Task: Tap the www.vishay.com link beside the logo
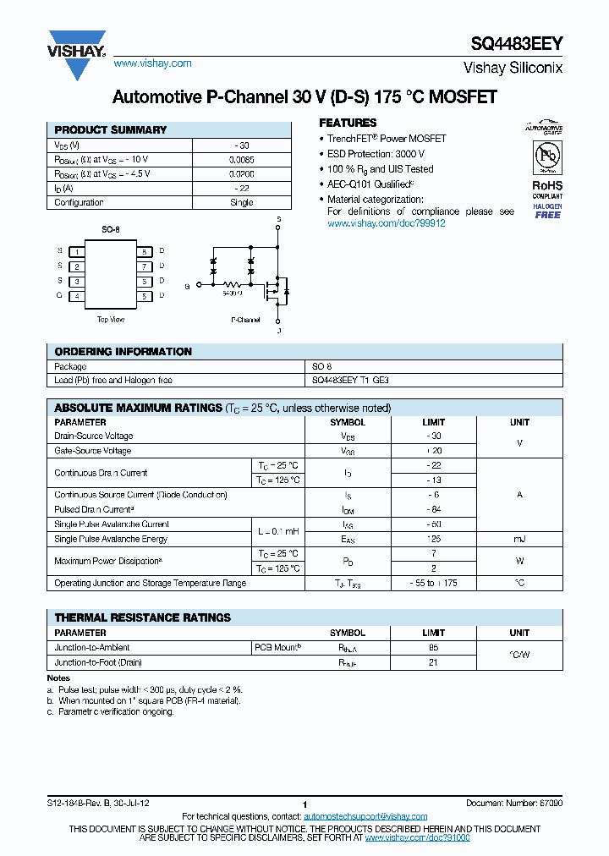(x=152, y=63)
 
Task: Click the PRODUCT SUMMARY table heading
(x=111, y=130)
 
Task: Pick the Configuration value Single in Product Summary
(x=241, y=203)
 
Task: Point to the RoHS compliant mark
(x=547, y=189)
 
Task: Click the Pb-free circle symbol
(x=547, y=156)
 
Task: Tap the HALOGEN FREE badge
(x=547, y=211)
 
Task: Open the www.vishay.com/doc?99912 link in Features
(x=386, y=223)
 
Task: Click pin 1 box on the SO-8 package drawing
(x=78, y=251)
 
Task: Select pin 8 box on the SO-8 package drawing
(x=145, y=251)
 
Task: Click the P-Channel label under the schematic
(x=245, y=320)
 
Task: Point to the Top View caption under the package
(x=111, y=320)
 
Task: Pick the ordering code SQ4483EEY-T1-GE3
(x=350, y=381)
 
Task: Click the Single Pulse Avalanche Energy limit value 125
(x=432, y=539)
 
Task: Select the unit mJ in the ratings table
(x=519, y=539)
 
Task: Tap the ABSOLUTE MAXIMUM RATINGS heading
(x=139, y=409)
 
